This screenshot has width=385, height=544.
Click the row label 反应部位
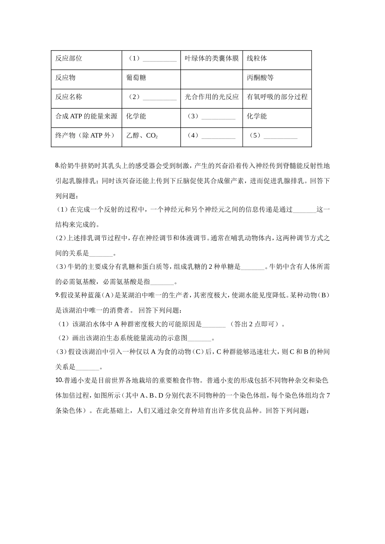click(x=68, y=58)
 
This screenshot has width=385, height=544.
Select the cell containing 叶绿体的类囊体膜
click(x=212, y=58)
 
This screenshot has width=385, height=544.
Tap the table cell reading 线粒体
click(x=257, y=58)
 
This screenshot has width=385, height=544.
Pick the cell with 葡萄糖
click(x=136, y=78)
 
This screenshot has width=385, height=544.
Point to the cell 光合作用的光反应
click(x=212, y=97)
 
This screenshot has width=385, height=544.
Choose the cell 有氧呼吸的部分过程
click(x=277, y=97)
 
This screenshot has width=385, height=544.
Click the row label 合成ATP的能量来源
click(x=86, y=117)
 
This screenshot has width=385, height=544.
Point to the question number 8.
click(x=57, y=166)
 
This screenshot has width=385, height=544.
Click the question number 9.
click(x=57, y=295)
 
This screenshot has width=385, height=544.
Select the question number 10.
click(x=58, y=380)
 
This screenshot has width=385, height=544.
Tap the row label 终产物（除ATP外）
click(x=85, y=136)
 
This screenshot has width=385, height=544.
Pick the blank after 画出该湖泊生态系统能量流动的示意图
click(x=200, y=338)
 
